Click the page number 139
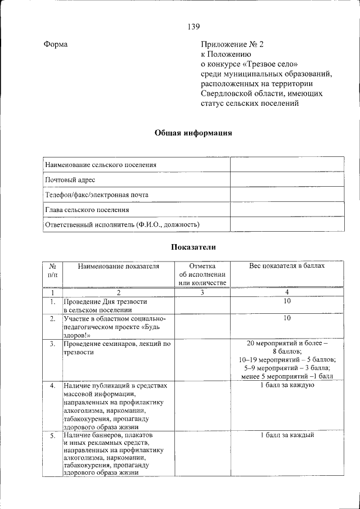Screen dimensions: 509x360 point(193,26)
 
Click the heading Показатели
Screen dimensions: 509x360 point(193,247)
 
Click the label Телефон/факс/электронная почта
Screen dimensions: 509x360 point(96,195)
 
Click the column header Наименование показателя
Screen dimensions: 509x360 point(119,266)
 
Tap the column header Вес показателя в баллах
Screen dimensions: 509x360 point(287,266)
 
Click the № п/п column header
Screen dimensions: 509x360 point(52,271)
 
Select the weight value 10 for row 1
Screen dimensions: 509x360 point(287,302)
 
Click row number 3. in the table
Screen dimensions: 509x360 point(52,344)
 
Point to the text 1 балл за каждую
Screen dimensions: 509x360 point(287,385)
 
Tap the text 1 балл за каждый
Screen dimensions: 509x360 point(287,435)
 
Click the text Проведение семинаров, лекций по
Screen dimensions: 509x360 point(116,344)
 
